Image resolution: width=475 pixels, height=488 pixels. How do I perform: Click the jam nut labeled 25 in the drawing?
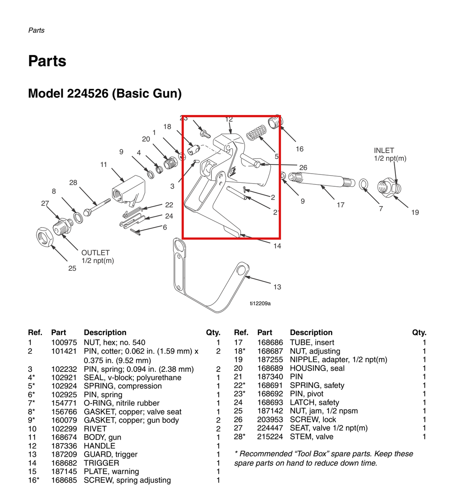45,237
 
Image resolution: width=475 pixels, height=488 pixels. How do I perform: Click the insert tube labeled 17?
321,180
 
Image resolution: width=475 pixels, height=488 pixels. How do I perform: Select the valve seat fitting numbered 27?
63,226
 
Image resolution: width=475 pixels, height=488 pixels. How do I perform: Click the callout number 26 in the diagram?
303,168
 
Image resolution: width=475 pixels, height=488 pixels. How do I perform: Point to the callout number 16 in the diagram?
300,149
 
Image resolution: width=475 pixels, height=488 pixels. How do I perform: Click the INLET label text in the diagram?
384,151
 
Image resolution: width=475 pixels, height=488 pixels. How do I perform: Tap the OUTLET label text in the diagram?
95,253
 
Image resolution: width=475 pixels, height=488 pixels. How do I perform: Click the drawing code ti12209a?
260,303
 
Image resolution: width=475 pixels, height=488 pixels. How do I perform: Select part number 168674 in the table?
64,437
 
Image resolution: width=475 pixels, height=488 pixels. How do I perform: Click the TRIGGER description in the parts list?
101,463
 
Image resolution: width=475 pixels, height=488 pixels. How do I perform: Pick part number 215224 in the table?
270,436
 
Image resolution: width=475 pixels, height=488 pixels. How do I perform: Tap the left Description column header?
105,332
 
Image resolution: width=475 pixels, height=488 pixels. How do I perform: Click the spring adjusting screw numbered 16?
275,122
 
